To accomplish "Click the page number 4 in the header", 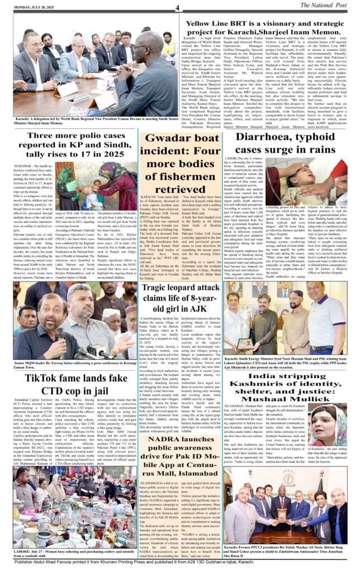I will [176, 7].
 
